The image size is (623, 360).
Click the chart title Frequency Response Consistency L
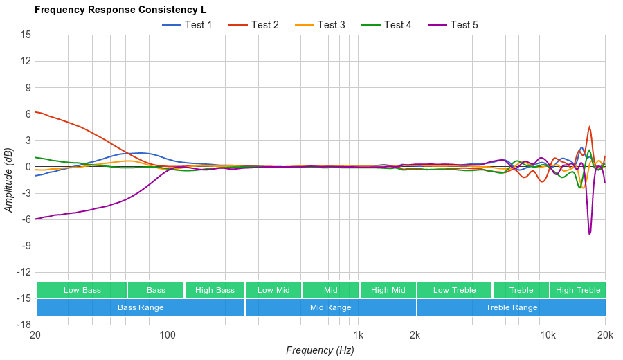tap(120, 10)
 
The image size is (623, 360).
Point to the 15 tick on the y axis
tap(26, 35)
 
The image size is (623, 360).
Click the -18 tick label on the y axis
tap(24, 325)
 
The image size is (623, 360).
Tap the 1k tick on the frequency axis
tap(358, 335)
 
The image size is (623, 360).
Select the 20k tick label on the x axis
tap(605, 335)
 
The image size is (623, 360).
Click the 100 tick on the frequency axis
tap(168, 335)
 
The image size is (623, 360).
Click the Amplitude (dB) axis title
tap(9, 179)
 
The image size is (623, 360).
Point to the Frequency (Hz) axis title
tap(320, 350)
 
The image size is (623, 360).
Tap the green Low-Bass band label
tap(82, 290)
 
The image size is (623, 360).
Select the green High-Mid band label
tap(388, 290)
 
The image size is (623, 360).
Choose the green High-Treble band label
tap(577, 290)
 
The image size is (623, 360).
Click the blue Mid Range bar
tap(330, 307)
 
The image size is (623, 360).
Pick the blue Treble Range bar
tap(511, 307)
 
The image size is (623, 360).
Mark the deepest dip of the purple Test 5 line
tap(590, 234)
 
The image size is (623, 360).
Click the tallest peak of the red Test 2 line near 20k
tap(589, 127)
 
